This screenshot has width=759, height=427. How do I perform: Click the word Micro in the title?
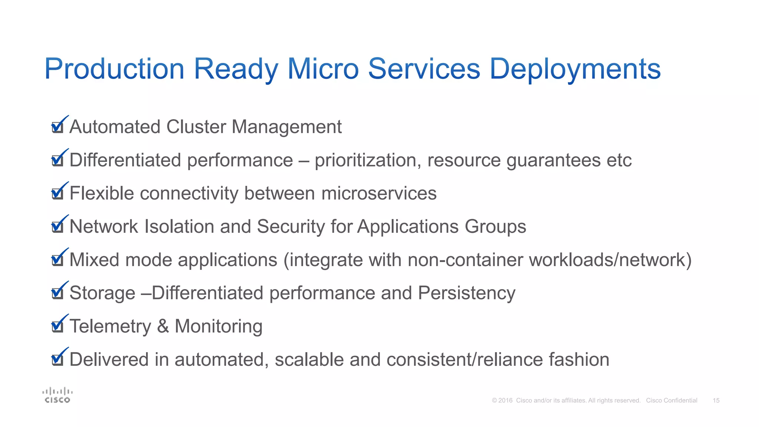[323, 69]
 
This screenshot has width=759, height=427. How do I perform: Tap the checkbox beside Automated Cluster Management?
[57, 127]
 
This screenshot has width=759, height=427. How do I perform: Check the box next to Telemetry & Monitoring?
[57, 327]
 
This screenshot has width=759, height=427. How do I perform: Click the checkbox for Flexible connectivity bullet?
[57, 193]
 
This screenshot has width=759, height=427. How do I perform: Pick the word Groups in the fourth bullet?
[495, 226]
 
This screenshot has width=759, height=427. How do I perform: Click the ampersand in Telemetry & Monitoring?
[163, 327]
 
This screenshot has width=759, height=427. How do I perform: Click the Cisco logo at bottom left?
[57, 395]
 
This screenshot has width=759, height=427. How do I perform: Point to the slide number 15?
[716, 401]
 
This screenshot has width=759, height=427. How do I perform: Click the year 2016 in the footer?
[506, 401]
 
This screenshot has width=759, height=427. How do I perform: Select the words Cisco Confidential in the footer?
[672, 401]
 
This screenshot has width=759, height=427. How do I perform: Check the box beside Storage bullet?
[57, 293]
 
